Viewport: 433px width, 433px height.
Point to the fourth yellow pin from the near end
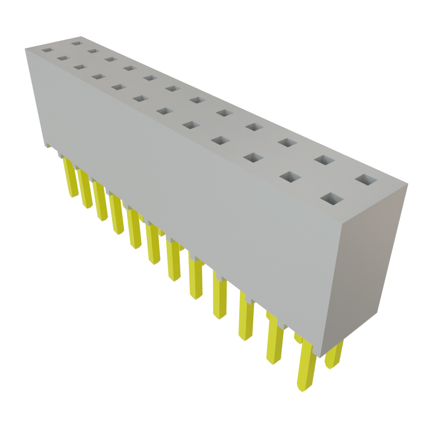[x=219, y=296]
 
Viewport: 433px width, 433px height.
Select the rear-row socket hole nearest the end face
[x=366, y=179]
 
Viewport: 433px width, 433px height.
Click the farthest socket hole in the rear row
[x=76, y=43]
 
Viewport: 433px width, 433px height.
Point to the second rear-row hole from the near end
[x=324, y=160]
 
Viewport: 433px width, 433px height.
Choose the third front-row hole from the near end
[x=252, y=158]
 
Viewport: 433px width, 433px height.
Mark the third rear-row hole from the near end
[x=287, y=143]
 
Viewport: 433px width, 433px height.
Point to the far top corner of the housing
[x=26, y=49]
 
